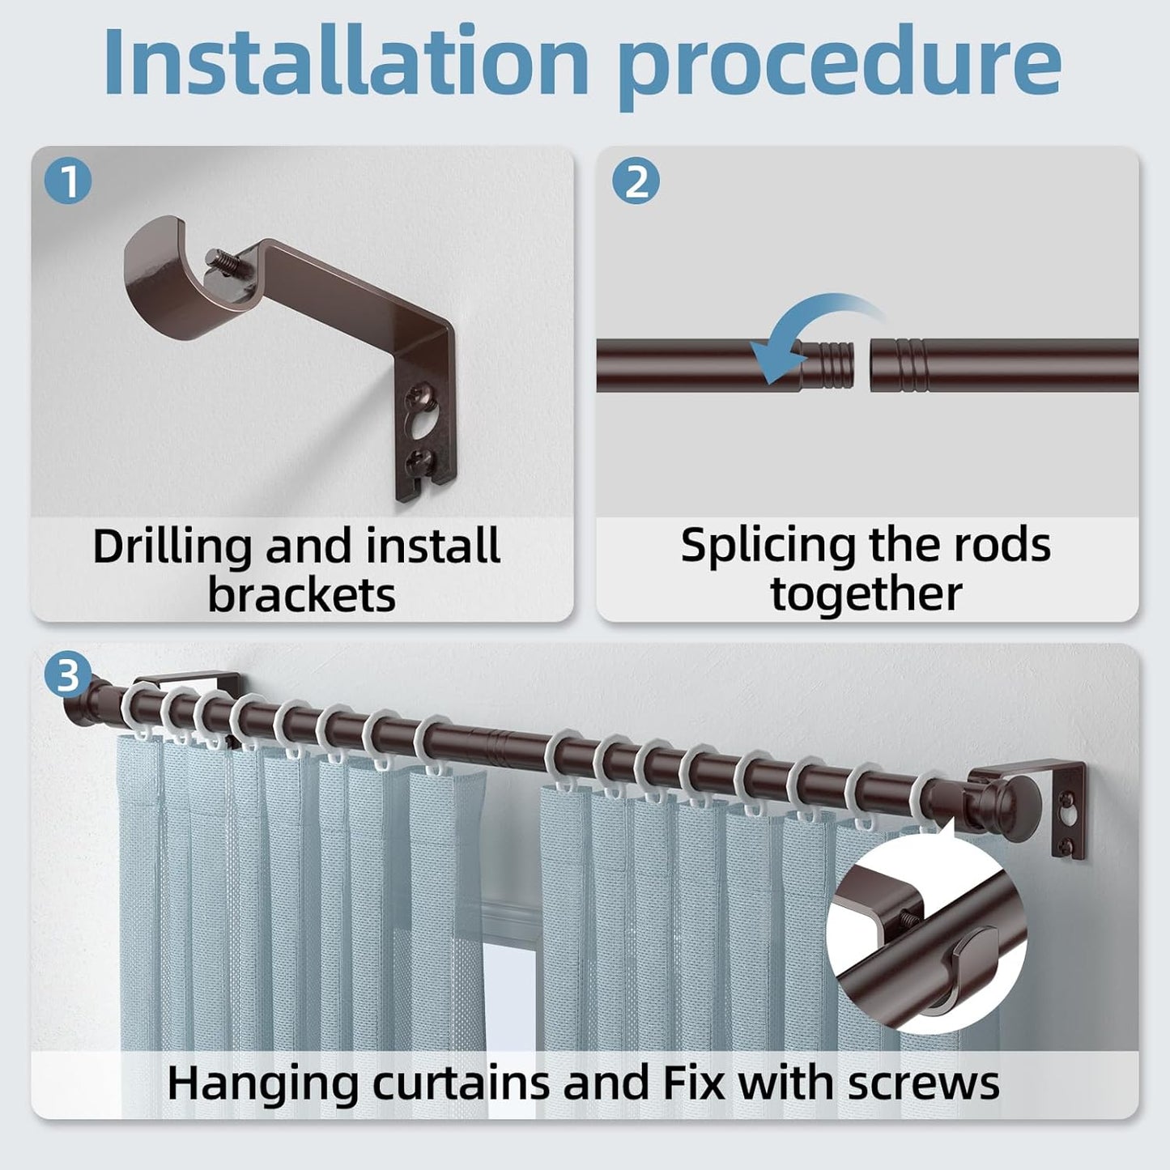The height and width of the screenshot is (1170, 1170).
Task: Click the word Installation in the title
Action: click(x=347, y=62)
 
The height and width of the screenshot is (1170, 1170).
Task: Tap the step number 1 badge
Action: click(x=68, y=181)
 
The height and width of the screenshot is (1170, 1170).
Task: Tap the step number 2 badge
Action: click(x=636, y=181)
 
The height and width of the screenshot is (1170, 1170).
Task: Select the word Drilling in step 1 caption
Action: click(x=172, y=547)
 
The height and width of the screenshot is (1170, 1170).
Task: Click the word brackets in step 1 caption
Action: click(x=302, y=595)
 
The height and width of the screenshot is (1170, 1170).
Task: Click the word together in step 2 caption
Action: click(x=866, y=595)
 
